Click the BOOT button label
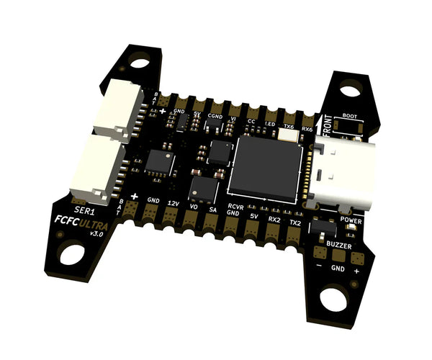click(350, 116)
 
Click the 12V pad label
click(173, 203)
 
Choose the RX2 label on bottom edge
click(274, 218)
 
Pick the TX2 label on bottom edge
click(294, 222)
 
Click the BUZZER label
click(339, 246)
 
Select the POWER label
click(351, 220)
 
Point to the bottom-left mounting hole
click(73, 253)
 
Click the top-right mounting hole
click(350, 91)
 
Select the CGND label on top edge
click(215, 115)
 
